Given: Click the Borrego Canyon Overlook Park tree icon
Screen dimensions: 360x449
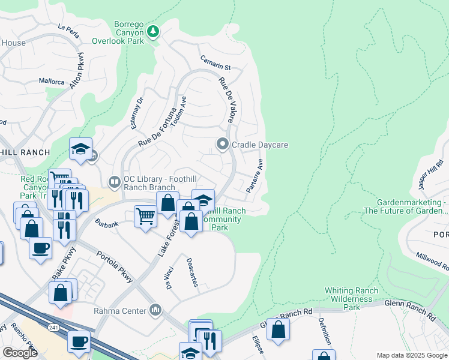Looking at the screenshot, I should [x=153, y=30].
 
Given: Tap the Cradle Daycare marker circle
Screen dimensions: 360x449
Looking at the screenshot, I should [x=223, y=144].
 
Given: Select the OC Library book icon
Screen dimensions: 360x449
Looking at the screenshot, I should [x=114, y=181].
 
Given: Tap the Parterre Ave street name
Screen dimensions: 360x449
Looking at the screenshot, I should [x=255, y=176].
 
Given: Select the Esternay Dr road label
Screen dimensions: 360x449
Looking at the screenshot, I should [x=137, y=112].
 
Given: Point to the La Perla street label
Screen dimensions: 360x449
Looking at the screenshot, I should [x=68, y=29].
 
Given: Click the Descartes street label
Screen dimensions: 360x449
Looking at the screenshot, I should [x=192, y=272].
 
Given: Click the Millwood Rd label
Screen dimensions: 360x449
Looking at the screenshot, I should [x=432, y=263].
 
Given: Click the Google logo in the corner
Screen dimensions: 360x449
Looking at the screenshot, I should [x=20, y=353].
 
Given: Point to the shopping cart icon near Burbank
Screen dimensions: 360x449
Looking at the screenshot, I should [x=145, y=215].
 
